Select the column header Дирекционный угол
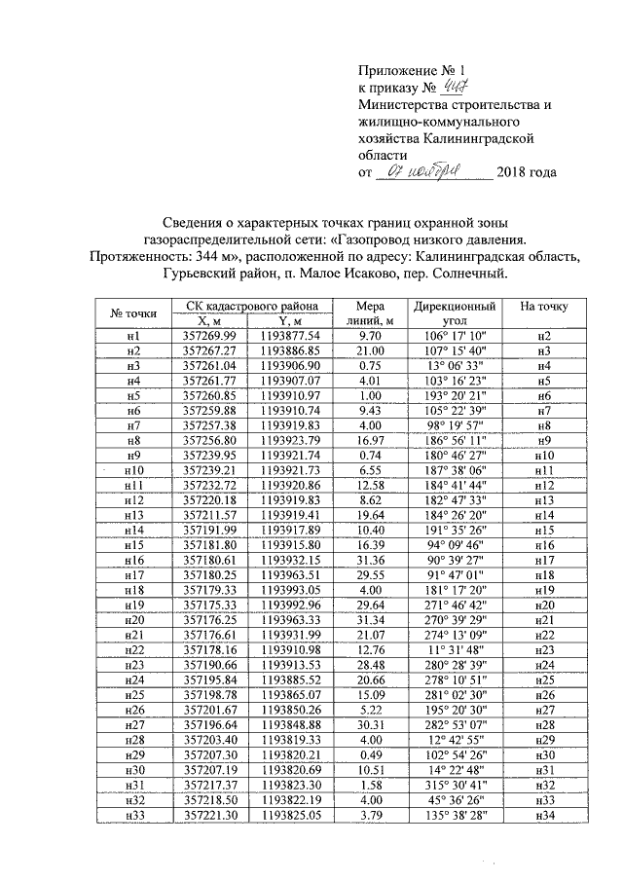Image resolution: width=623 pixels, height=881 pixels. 454,312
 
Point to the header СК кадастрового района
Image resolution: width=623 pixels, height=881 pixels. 252,305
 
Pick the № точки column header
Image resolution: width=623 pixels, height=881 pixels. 133,312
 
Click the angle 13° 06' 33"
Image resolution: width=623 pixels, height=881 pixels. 454,365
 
